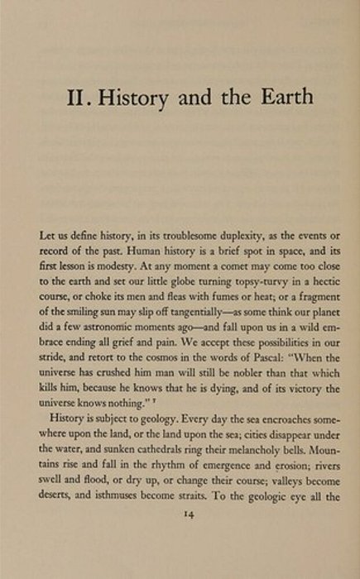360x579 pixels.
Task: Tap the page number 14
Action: [x=180, y=538]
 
